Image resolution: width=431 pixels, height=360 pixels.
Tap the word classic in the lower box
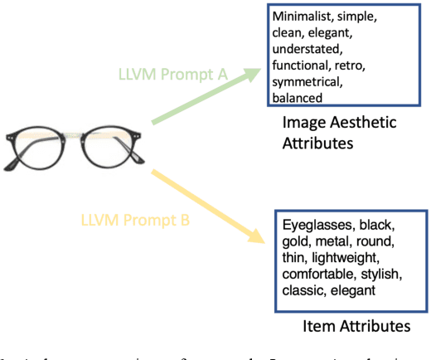point(302,290)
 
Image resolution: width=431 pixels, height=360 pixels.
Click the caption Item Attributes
point(356,326)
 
